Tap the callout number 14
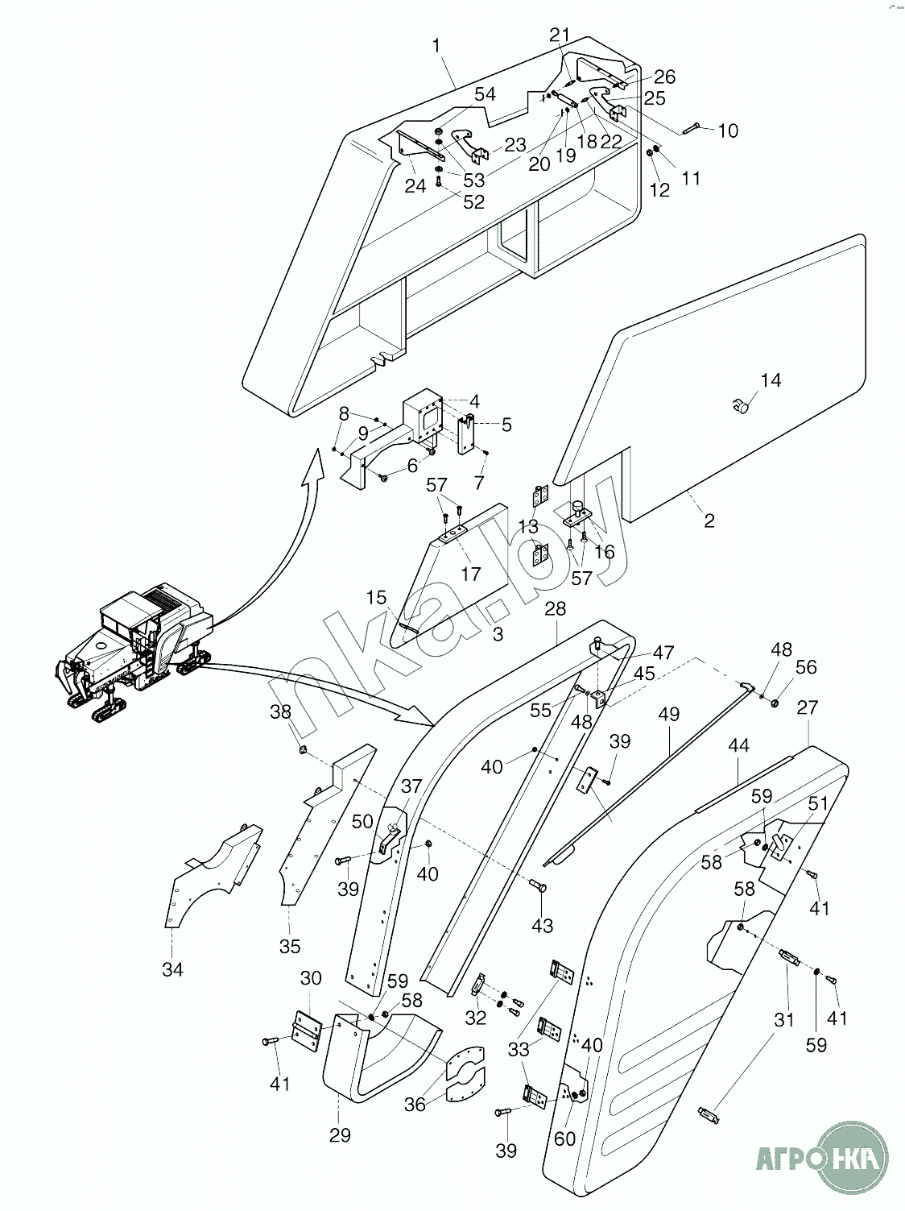tap(771, 380)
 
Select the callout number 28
tap(556, 609)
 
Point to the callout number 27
tap(807, 707)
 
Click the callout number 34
tap(172, 970)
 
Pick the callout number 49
tap(668, 714)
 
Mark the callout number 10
tap(727, 131)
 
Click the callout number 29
tap(340, 1135)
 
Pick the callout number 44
tap(738, 746)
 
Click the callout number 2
tap(709, 520)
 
